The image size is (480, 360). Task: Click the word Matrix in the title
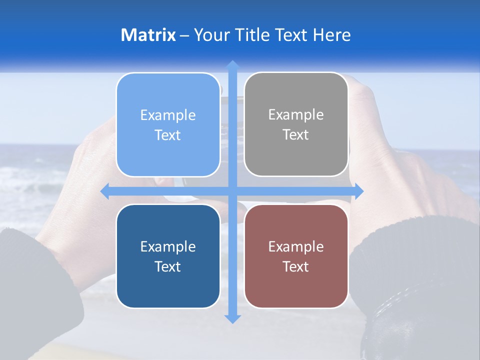[x=148, y=35]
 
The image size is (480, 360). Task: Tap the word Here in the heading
[x=331, y=35]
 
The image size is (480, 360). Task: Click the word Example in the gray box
[x=296, y=115]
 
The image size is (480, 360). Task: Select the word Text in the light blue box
[x=168, y=135]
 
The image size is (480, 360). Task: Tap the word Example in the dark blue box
[x=168, y=246]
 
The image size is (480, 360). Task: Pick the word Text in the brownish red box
[x=296, y=266]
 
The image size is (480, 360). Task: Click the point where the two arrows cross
[x=232, y=191]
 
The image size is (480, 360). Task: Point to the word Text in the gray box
[x=296, y=134]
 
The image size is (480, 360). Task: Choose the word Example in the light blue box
[x=168, y=115]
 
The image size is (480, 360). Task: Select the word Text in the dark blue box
[x=168, y=266]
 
